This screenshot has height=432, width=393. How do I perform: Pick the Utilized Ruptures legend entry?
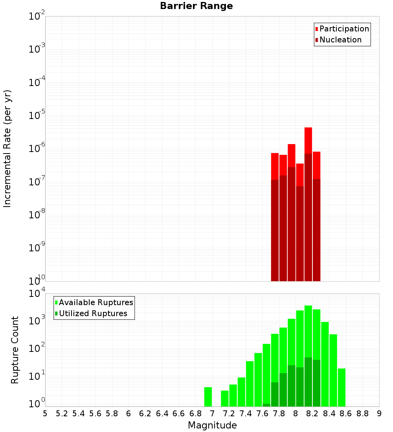[93, 313]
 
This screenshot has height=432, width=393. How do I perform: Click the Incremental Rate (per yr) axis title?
[7, 149]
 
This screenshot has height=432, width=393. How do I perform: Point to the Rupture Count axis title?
[15, 350]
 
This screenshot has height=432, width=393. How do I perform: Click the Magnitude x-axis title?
[212, 425]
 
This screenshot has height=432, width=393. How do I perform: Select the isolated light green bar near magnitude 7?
[208, 397]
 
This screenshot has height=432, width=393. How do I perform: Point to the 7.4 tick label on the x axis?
[246, 414]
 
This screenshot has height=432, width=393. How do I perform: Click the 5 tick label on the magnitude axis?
[45, 414]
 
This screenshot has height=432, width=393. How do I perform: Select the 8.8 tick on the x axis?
[362, 414]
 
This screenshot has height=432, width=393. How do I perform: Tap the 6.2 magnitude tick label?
[145, 414]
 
